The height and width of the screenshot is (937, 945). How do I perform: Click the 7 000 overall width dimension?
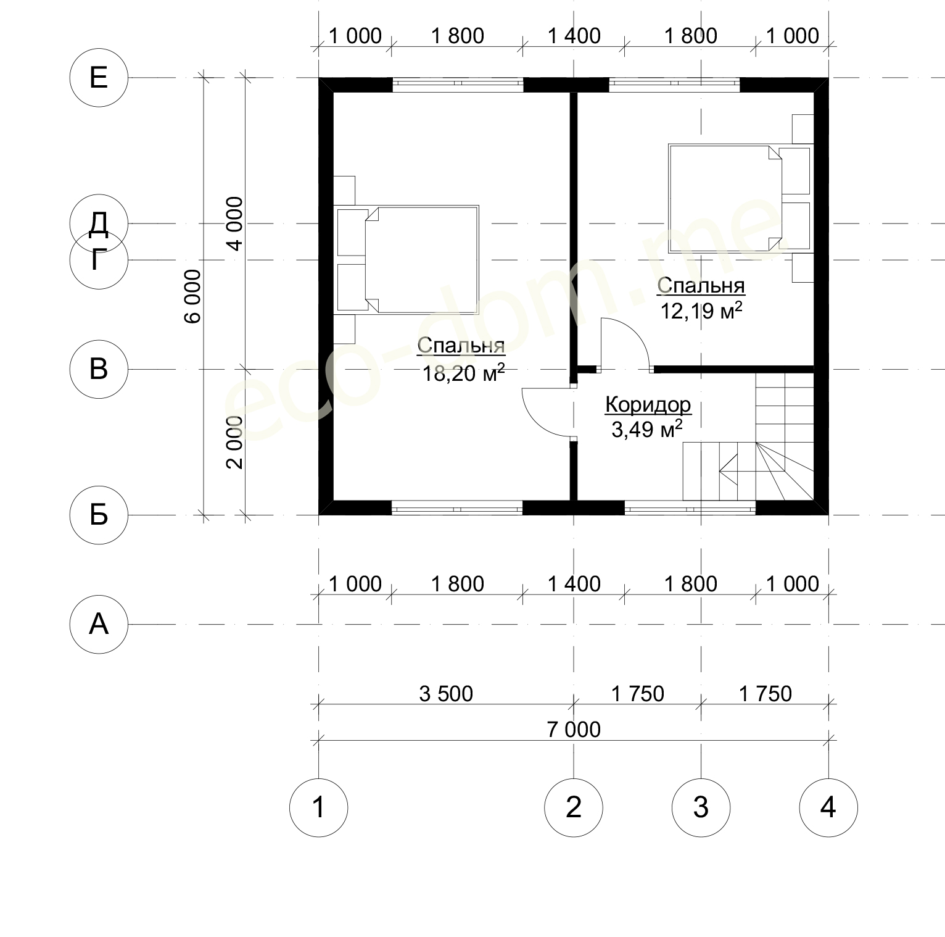(574, 730)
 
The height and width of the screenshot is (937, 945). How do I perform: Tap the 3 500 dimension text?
(446, 694)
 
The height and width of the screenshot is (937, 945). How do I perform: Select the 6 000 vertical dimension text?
(193, 296)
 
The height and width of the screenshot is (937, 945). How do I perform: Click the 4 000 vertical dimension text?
(235, 223)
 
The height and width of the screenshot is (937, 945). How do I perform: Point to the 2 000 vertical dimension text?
(235, 442)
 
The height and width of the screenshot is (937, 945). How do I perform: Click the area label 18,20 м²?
(463, 372)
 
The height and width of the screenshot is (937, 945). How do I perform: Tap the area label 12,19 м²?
(701, 310)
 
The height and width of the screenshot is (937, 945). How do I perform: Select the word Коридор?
(648, 405)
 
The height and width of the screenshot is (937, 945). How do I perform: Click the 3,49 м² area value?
(646, 429)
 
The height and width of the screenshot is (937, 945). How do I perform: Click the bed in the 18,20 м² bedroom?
(407, 260)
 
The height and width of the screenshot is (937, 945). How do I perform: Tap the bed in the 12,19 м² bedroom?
(740, 198)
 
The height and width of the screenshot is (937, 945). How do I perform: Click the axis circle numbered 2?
(574, 807)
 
